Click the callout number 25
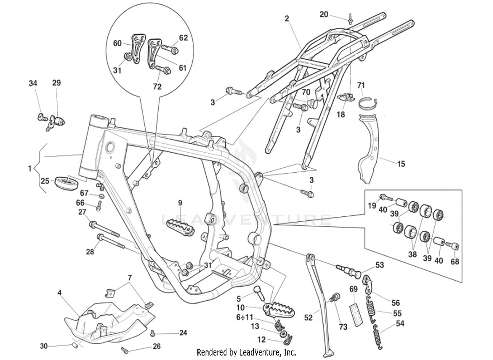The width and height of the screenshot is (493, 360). point(45,181)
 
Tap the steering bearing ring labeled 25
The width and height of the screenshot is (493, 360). point(67,183)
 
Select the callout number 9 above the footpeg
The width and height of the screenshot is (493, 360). point(180,203)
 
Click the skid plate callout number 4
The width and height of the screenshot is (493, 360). point(59,293)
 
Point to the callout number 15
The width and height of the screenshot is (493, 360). point(401,164)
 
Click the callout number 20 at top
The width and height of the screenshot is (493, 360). point(324,14)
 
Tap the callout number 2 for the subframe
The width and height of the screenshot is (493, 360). point(287,18)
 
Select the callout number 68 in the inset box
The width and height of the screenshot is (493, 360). point(455,261)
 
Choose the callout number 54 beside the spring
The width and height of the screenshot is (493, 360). point(400,324)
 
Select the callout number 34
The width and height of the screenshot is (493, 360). point(33,83)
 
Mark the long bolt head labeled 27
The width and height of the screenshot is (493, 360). point(93,225)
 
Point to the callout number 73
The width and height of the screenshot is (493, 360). point(343,327)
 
